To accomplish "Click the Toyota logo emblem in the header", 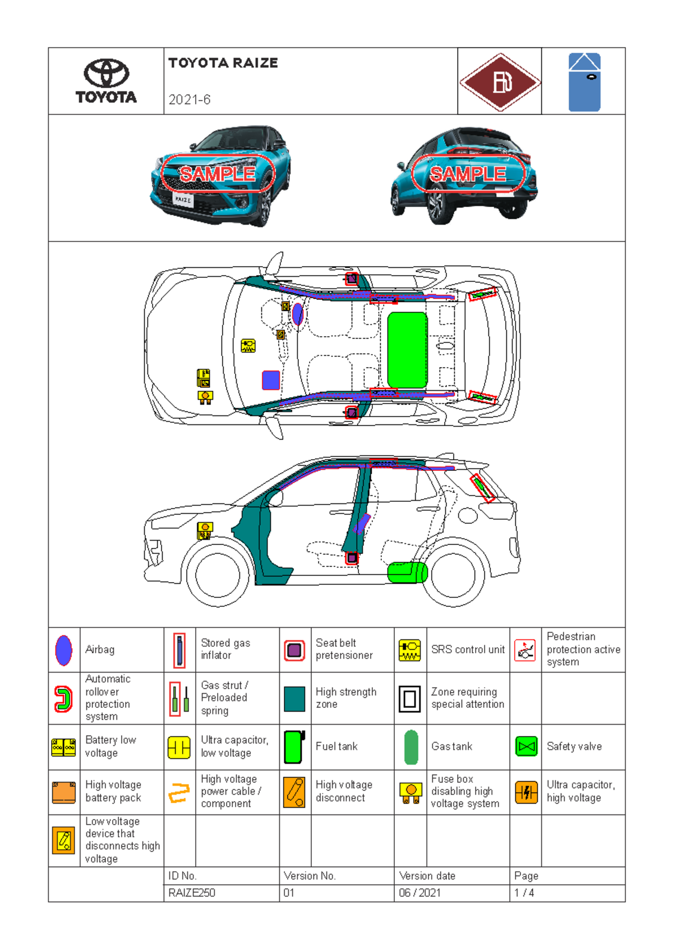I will click(x=107, y=74).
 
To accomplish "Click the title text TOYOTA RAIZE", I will click(x=223, y=63).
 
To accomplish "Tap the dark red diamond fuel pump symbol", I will click(x=500, y=82).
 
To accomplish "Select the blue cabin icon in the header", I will click(x=584, y=82).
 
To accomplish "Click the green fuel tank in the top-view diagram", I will click(x=407, y=350).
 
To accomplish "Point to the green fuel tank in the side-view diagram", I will click(x=407, y=573).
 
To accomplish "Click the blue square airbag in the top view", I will click(x=271, y=380).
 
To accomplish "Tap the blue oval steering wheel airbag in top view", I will click(x=298, y=314).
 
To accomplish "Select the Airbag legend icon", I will click(x=64, y=650).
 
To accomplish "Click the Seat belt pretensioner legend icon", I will click(x=294, y=650).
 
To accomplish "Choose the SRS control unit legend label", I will click(x=468, y=649).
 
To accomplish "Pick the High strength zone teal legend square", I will click(x=294, y=698).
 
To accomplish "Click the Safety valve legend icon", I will click(x=526, y=747).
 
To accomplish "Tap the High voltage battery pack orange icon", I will click(x=64, y=792).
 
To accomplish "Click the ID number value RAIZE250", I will click(x=192, y=893).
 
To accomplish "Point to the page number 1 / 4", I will click(x=524, y=893).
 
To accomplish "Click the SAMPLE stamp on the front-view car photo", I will click(x=218, y=174).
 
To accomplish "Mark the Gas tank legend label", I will click(x=451, y=747).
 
